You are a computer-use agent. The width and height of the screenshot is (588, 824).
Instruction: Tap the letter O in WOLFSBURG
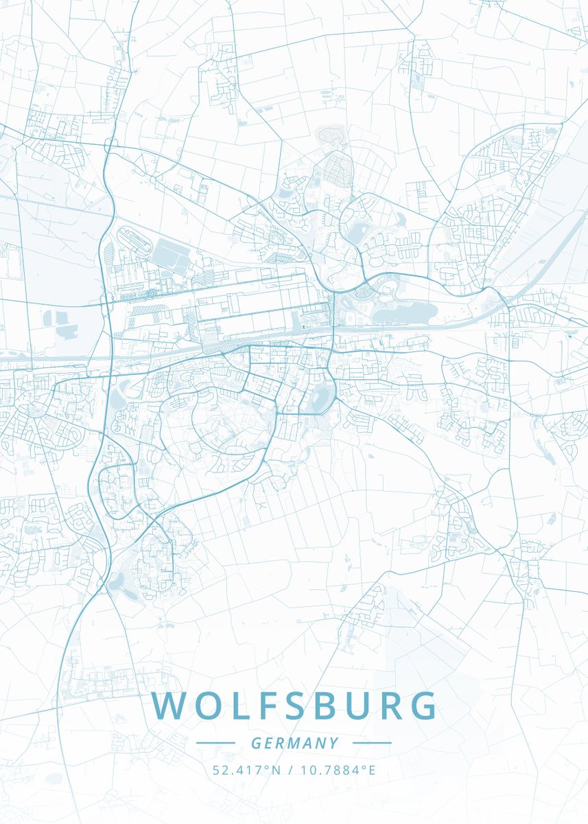207,707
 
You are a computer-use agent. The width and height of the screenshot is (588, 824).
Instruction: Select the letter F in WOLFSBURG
269,707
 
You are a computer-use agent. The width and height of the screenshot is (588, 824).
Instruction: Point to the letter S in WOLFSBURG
299,707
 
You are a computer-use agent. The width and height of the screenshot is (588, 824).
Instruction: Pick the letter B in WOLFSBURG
331,707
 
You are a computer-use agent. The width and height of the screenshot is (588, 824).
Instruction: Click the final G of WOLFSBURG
423,707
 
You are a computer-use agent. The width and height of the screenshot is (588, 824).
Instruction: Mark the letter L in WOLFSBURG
240,707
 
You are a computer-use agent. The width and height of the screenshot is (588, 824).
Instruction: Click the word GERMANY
294,743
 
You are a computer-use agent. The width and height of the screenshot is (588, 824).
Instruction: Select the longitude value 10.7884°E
337,770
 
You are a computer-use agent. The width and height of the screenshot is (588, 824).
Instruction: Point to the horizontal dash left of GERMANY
215,743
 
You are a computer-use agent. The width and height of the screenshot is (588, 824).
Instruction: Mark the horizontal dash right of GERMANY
372,743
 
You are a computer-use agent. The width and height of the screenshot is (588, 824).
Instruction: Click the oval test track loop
134,241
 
